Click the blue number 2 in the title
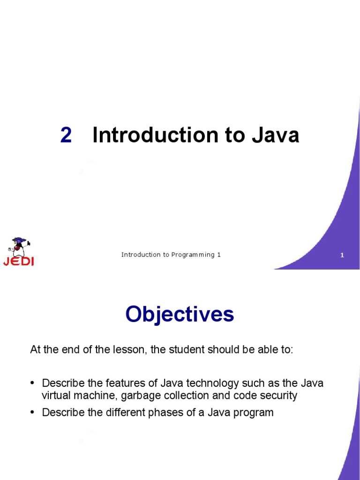[66, 135]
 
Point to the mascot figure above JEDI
[19, 247]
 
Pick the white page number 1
[342, 255]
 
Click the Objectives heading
[180, 314]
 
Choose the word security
[276, 396]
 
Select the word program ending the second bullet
[254, 413]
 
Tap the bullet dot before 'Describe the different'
[32, 413]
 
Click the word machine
[94, 396]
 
